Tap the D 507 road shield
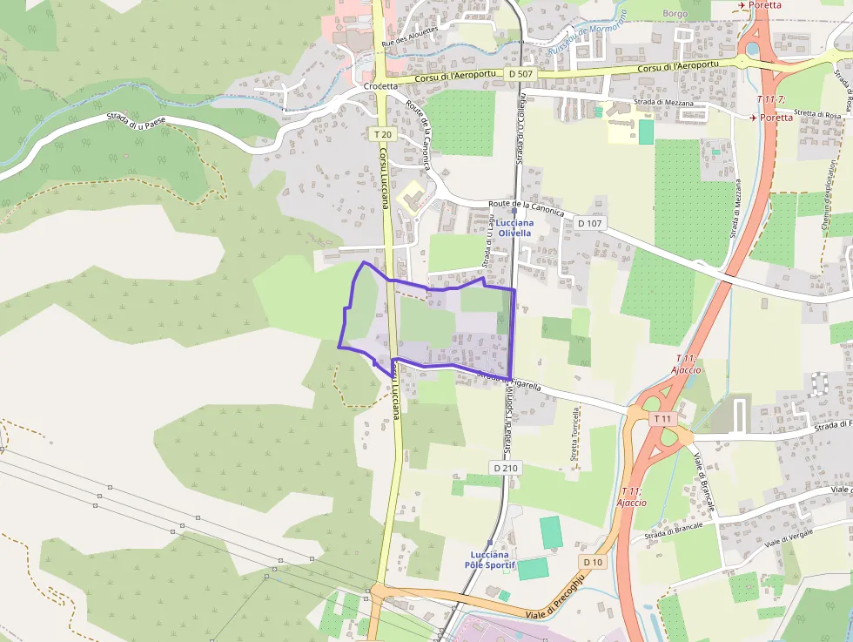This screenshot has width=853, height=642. click(x=520, y=74)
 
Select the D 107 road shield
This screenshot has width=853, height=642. click(x=589, y=223)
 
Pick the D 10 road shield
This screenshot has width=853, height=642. click(x=593, y=562)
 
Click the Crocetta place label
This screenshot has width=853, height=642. click(x=380, y=86)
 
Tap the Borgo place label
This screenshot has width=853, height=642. click(x=675, y=14)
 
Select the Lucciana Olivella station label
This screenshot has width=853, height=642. click(x=508, y=228)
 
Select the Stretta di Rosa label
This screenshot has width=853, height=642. click(x=815, y=113)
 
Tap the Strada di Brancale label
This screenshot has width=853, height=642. click(x=668, y=529)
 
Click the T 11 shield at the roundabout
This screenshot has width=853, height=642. click(x=662, y=419)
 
